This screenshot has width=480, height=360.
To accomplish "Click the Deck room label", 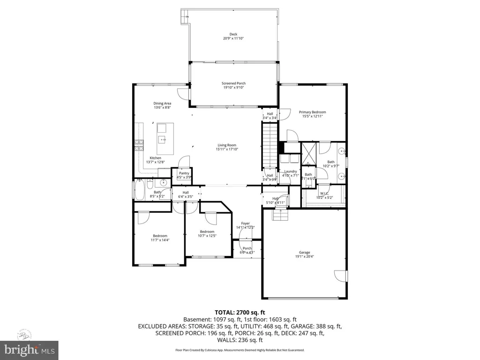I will pos(233,34).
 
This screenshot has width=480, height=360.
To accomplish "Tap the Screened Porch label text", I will pos(233,83).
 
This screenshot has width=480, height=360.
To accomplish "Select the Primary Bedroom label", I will pos(312,112).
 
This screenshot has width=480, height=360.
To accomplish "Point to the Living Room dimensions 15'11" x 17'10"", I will pos(227,150).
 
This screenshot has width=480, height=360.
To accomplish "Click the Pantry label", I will pos(184,173).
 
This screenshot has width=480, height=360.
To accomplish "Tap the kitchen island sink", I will pos(162,139).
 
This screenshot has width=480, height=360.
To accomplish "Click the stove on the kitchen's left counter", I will pos(139,145).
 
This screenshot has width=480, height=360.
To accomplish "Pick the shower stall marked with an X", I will pos(309,152).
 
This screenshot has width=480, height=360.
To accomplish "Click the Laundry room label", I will pos(291,172).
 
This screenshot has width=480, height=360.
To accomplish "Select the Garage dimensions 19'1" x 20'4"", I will pos(305,257).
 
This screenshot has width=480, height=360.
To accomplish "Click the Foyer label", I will pos(245,223).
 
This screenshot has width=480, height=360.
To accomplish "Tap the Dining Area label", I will pos(162,103).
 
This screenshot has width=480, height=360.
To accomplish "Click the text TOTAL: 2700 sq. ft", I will pos(240,312).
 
